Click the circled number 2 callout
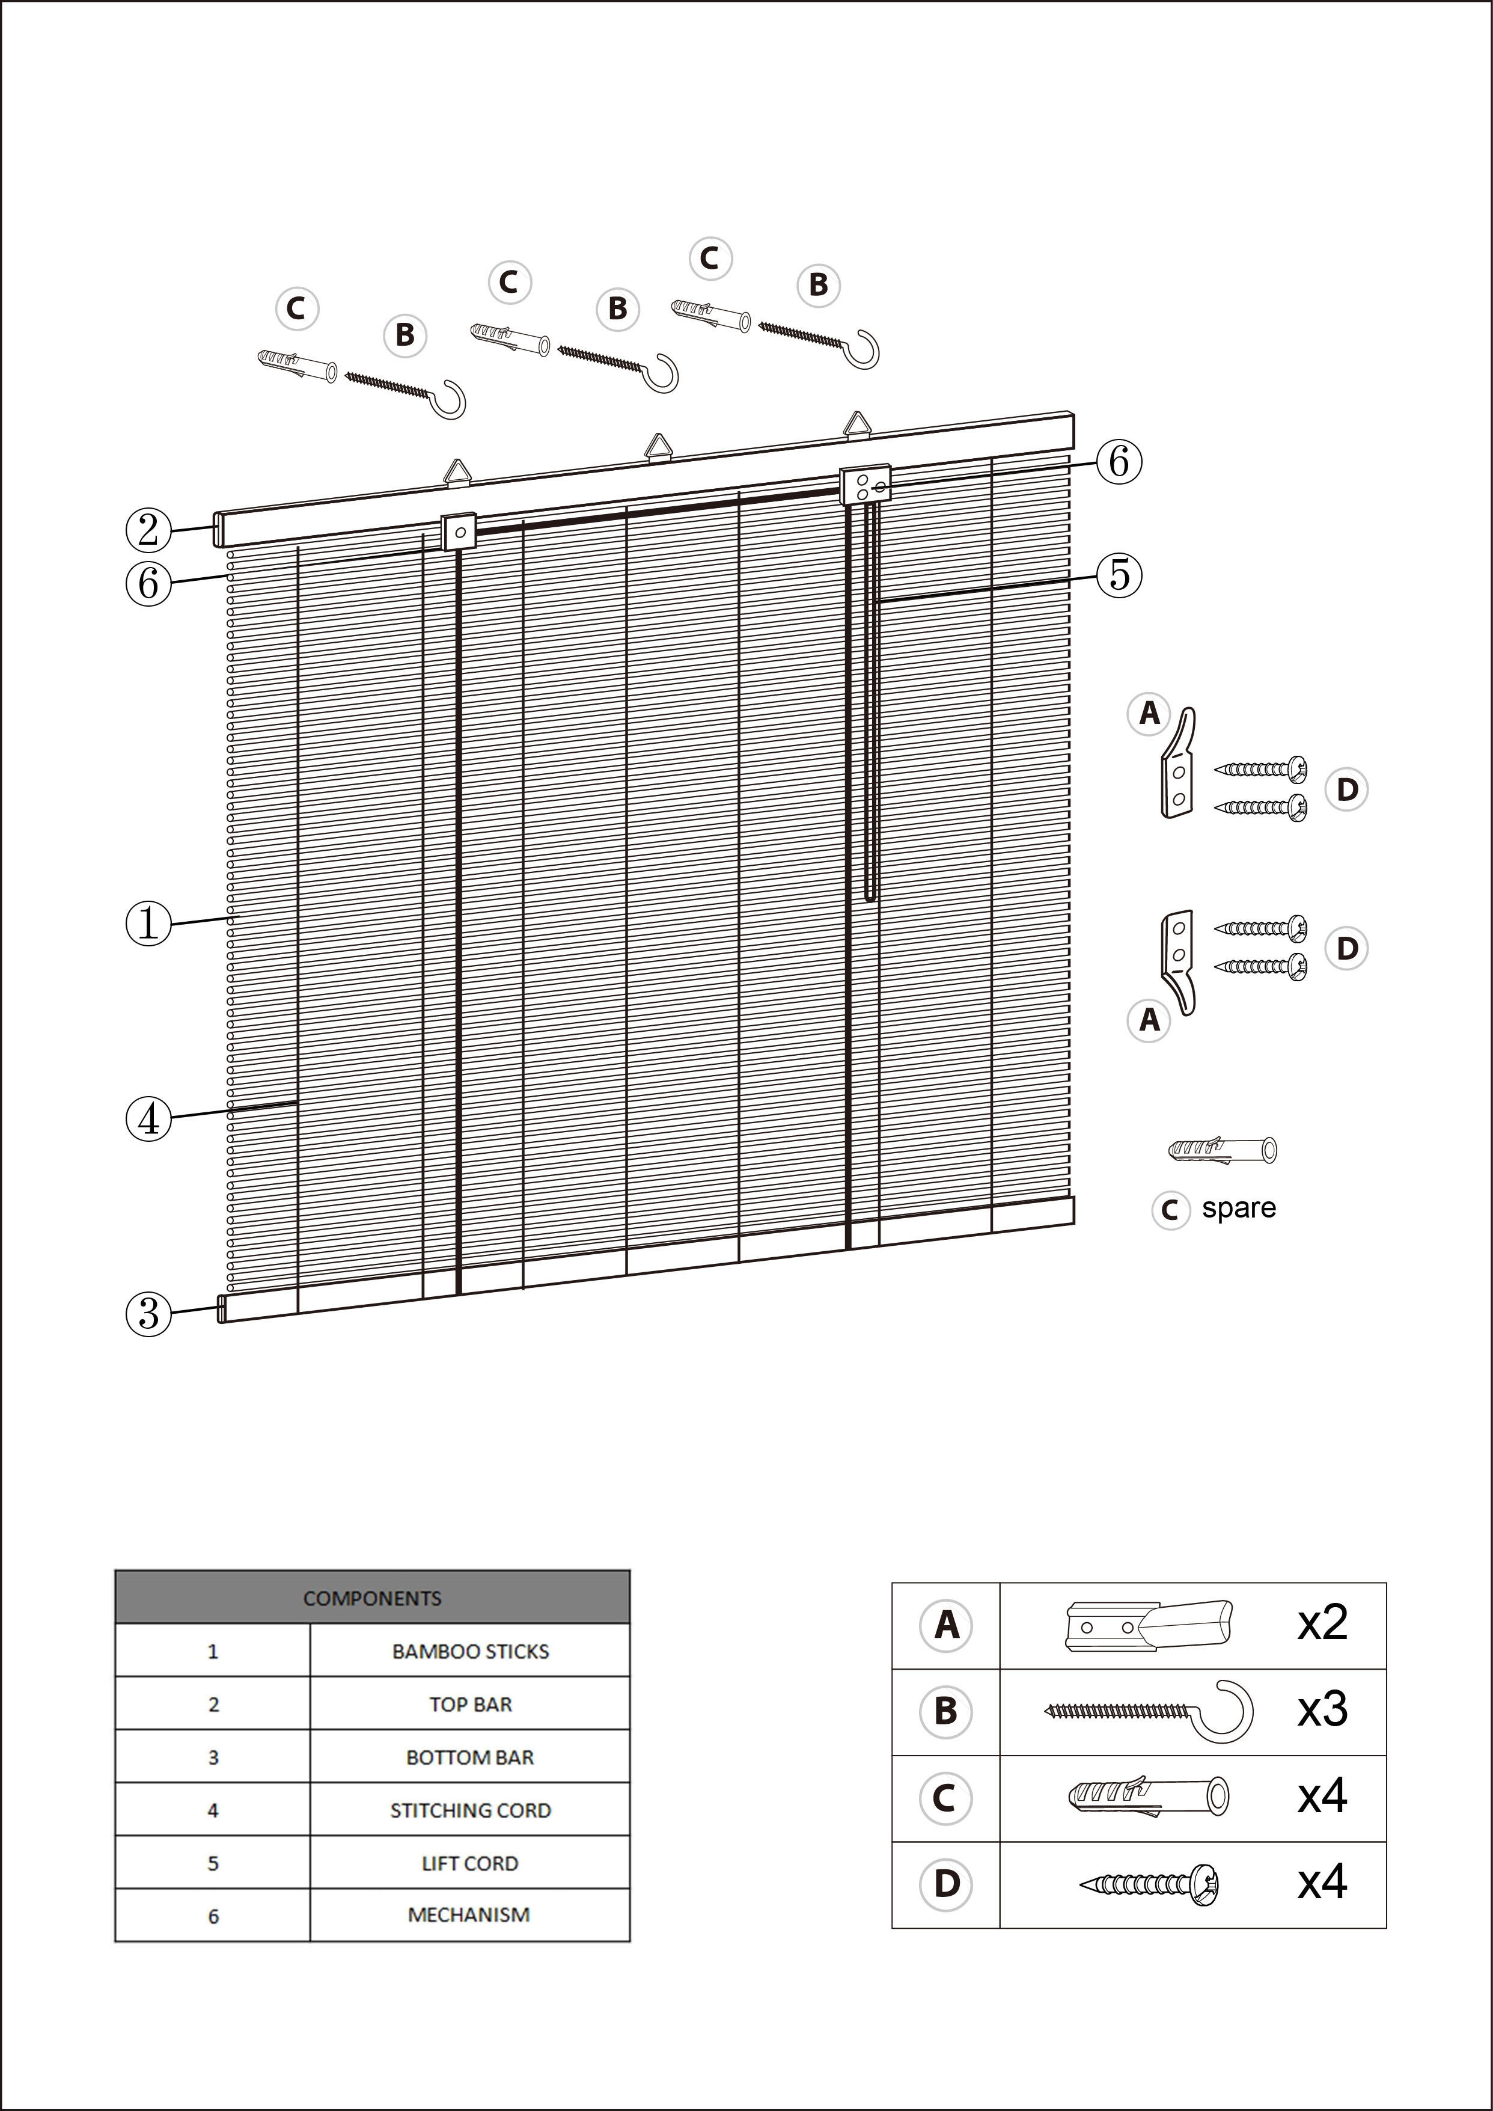pyautogui.click(x=148, y=530)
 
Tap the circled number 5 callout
pyautogui.click(x=1119, y=575)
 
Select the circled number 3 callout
pyautogui.click(x=148, y=1314)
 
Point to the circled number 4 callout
pyautogui.click(x=148, y=1119)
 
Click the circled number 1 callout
pyautogui.click(x=148, y=923)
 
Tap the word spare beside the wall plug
pyautogui.click(x=1238, y=1208)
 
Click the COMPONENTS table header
pyautogui.click(x=372, y=1599)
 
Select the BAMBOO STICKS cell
pyautogui.click(x=470, y=1651)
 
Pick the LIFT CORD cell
pyautogui.click(x=470, y=1864)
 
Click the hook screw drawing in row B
pyautogui.click(x=1149, y=1710)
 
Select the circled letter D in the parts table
pyautogui.click(x=946, y=1883)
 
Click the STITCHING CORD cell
pyautogui.click(x=470, y=1810)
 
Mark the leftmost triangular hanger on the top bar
pyautogui.click(x=458, y=471)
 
